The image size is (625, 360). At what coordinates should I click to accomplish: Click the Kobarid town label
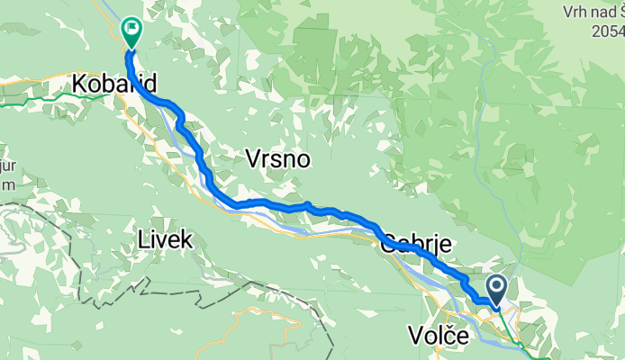[114, 85]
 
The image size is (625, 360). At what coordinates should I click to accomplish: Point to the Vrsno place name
[277, 160]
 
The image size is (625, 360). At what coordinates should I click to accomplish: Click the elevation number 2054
[607, 31]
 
